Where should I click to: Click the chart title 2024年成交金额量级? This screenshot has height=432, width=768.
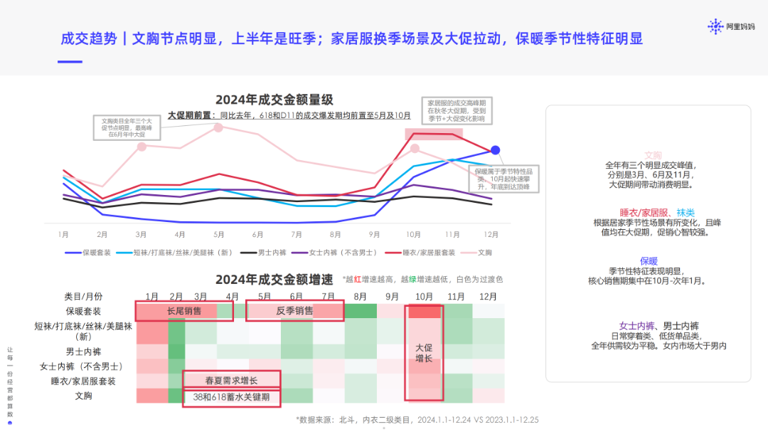(x=274, y=100)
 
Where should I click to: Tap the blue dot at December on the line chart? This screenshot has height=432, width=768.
(x=496, y=150)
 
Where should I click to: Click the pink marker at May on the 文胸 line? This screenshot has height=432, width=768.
(x=218, y=127)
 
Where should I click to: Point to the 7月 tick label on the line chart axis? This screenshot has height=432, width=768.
(x=297, y=234)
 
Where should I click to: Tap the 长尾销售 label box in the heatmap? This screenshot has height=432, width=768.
(x=183, y=311)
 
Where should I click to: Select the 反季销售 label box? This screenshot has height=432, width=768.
(x=294, y=311)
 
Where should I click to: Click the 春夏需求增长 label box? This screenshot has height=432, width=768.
(x=231, y=380)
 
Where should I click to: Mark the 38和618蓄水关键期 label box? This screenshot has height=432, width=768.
(x=231, y=396)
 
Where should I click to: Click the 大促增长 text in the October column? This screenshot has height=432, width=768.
(x=424, y=353)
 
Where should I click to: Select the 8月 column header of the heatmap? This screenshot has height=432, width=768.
(x=360, y=296)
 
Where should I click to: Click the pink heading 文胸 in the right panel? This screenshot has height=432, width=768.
(x=653, y=155)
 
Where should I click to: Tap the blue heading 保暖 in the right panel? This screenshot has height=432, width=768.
(x=649, y=260)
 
